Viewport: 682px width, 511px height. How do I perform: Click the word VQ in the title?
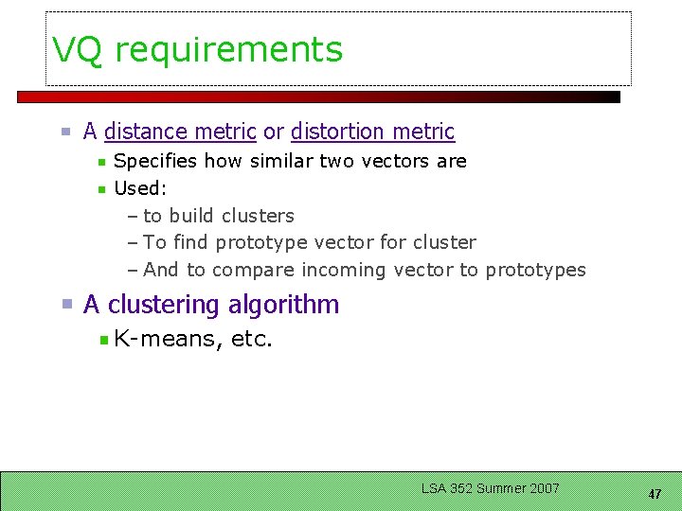[x=77, y=50]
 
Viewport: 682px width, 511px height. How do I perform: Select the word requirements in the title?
[x=228, y=50]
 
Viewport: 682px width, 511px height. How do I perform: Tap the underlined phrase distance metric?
[x=180, y=132]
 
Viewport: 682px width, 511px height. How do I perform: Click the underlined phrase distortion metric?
[x=372, y=132]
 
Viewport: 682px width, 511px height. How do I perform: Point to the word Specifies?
[x=155, y=161]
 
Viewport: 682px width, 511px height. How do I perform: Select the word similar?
[x=280, y=161]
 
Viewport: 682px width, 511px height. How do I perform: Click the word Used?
[x=140, y=188]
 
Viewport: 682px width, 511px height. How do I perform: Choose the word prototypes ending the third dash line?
[x=535, y=271]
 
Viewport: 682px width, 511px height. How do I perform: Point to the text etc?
[x=251, y=339]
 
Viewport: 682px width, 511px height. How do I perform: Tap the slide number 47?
[x=655, y=494]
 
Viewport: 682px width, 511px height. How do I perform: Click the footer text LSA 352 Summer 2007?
[x=491, y=488]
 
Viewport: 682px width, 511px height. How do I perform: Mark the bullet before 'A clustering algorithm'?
[x=67, y=305]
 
